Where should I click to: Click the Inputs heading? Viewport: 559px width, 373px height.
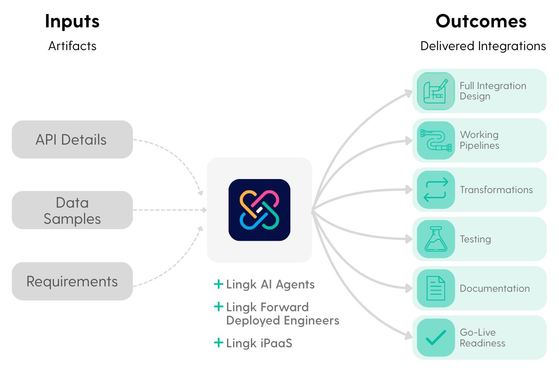click(72, 21)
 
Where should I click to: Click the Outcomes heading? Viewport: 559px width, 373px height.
click(481, 21)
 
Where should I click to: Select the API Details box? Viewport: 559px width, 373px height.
click(72, 140)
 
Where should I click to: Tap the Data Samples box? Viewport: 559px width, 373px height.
click(72, 210)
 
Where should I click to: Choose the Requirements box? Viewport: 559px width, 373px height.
click(72, 281)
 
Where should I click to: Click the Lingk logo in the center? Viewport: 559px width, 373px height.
click(259, 210)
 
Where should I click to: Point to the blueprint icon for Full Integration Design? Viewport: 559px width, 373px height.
click(436, 91)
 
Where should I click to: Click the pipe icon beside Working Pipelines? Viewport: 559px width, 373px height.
click(436, 140)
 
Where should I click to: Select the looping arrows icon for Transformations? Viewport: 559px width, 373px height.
click(436, 190)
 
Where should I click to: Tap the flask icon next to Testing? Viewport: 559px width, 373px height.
click(436, 239)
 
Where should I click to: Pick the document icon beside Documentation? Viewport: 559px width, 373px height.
click(436, 288)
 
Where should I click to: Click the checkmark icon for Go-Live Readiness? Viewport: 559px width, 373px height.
click(436, 338)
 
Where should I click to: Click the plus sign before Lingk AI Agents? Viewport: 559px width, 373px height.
click(219, 284)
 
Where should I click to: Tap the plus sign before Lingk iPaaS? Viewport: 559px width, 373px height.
click(219, 343)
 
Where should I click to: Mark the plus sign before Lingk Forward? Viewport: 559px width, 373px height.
click(219, 307)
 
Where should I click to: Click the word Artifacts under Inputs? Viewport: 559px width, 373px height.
click(72, 46)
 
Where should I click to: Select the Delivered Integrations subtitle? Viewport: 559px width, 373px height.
click(483, 46)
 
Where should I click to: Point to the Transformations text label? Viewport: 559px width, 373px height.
click(496, 190)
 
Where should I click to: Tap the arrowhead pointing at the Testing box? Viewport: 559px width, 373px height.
click(409, 239)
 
